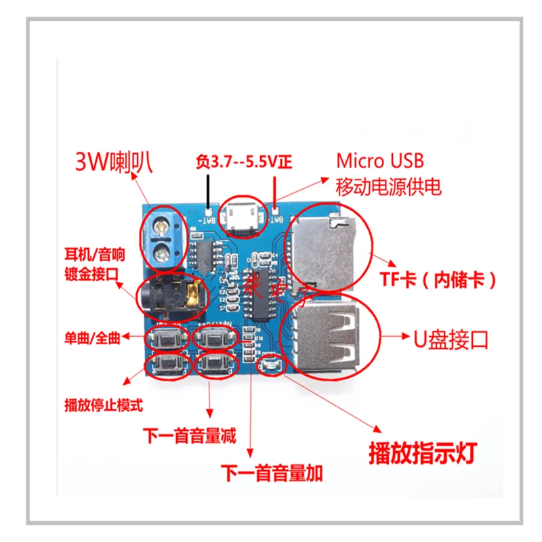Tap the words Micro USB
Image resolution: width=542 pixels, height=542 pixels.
[x=380, y=161]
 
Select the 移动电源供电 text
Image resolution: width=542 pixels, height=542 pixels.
[x=389, y=186]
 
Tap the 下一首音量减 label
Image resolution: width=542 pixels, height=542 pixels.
[x=190, y=436]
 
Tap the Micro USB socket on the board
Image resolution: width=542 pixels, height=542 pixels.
[x=242, y=216]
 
